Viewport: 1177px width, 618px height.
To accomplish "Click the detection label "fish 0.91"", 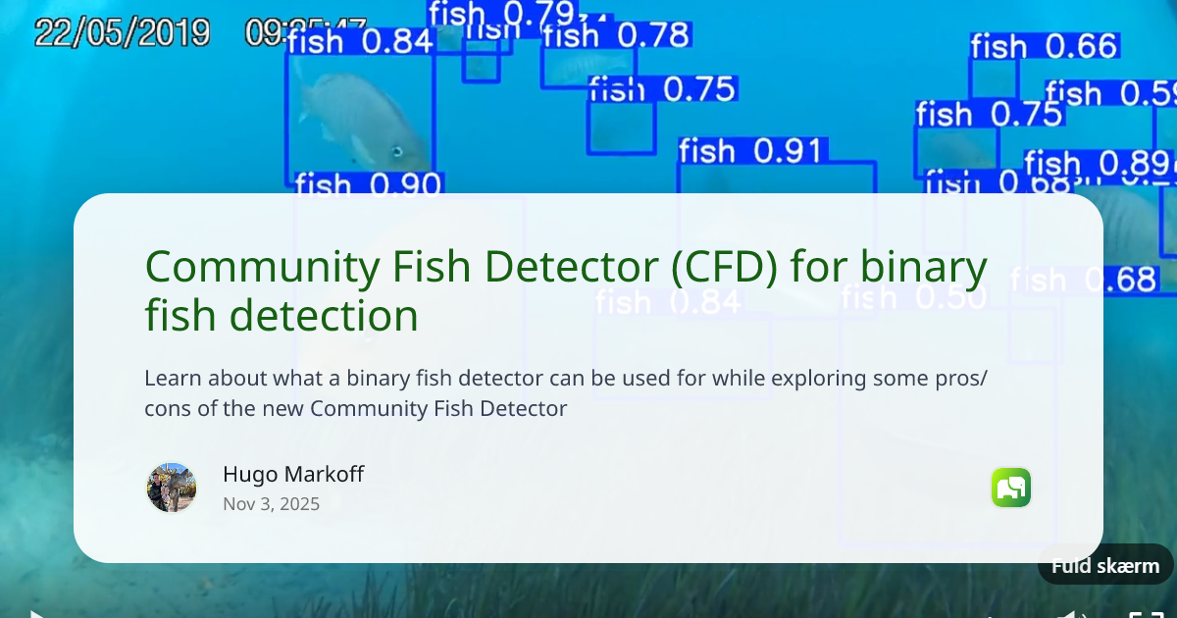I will [x=750, y=151].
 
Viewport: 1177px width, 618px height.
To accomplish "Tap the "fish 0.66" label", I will [x=1044, y=46].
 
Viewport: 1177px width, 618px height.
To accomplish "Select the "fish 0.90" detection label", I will [x=367, y=184].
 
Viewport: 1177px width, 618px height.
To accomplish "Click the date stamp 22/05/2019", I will [x=122, y=32].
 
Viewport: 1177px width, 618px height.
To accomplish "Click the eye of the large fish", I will [x=397, y=151].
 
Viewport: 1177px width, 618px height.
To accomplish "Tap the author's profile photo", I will [x=172, y=488].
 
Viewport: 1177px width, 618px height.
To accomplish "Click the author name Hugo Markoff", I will [x=293, y=475].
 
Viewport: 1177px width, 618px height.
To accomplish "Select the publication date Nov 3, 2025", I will [x=271, y=504].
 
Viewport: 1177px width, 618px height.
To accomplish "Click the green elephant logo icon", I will [x=1011, y=488].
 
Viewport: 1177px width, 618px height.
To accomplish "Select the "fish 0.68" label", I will [x=1084, y=280].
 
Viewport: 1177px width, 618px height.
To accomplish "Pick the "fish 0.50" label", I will [x=913, y=297].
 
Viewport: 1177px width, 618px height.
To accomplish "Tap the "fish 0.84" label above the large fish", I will [x=360, y=41].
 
